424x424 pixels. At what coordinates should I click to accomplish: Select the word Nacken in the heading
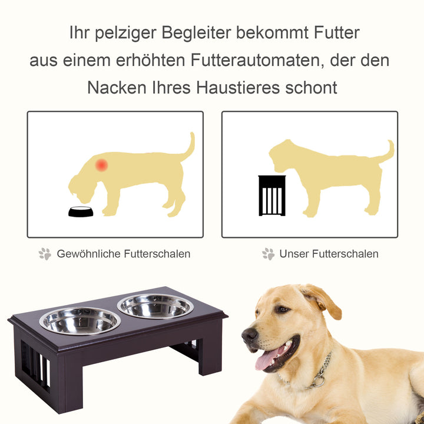coord(116,88)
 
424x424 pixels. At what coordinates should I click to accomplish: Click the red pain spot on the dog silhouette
coord(102,165)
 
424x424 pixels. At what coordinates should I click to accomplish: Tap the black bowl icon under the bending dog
coord(81,211)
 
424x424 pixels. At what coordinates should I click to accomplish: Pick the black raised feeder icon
coord(272,196)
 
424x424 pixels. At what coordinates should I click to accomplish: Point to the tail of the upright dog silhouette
coord(387,153)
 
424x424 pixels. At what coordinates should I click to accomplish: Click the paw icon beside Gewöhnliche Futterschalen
coord(45,254)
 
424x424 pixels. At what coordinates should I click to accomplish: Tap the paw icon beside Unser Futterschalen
coord(269,254)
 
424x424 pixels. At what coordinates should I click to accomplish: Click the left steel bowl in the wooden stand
coord(80,320)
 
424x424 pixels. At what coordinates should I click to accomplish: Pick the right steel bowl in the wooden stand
coord(155,306)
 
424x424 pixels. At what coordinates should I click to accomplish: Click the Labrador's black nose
coord(250,336)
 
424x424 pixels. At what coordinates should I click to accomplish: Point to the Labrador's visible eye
coord(282,309)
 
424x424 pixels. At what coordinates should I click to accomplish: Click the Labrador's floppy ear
coord(323,300)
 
